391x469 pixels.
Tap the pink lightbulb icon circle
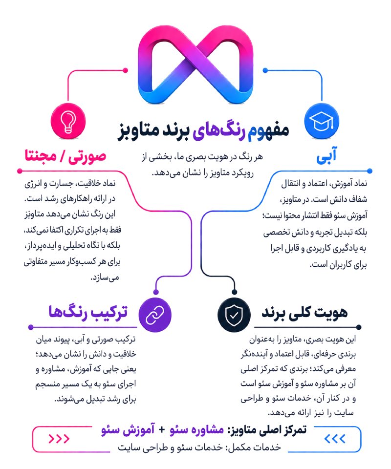[x=68, y=121]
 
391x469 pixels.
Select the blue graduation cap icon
[x=322, y=121]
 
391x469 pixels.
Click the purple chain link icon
[x=155, y=315]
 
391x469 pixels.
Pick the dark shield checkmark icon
[x=234, y=315]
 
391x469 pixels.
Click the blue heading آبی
[x=326, y=155]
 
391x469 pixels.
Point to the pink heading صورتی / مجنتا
[x=65, y=156]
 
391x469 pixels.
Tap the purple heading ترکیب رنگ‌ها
[x=88, y=312]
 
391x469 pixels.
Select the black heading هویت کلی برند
[x=305, y=313]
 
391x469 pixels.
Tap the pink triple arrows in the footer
[x=59, y=439]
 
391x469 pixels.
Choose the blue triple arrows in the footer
[x=335, y=439]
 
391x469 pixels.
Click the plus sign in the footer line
[x=162, y=430]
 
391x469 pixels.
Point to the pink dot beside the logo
[x=125, y=70]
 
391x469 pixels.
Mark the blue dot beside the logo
[x=265, y=70]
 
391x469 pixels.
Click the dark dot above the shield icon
[x=235, y=292]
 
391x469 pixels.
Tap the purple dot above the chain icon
[x=156, y=292]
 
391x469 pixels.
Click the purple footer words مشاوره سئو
[x=197, y=430]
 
